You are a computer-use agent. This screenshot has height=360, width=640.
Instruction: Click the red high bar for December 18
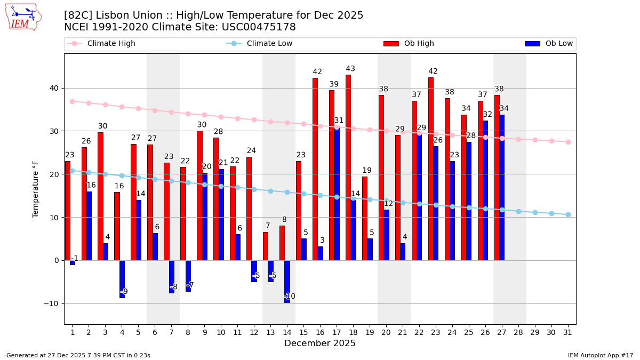[x=348, y=167]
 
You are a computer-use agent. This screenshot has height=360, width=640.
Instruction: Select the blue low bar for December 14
[x=287, y=282]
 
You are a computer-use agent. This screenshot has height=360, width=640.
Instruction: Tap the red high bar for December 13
[x=266, y=246]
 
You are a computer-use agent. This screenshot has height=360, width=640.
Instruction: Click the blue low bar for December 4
[x=122, y=279]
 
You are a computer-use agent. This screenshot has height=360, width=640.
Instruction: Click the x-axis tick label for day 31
[x=568, y=332]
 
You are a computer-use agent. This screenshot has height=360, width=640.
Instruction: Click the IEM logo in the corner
[x=23, y=17]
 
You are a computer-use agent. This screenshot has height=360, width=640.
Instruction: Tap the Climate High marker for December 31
[x=568, y=142]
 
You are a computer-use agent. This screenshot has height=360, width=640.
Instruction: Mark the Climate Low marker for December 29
[x=535, y=212]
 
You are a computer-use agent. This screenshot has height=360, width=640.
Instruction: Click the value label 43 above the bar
[x=350, y=69]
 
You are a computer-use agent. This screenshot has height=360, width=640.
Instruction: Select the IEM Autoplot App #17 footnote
[x=601, y=355]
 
